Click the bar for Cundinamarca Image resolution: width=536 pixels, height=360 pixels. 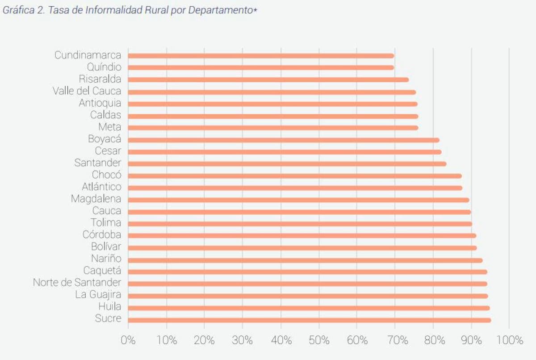click(x=261, y=56)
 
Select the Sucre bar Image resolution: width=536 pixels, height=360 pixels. click(x=309, y=320)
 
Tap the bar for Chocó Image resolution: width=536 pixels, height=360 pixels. click(x=295, y=176)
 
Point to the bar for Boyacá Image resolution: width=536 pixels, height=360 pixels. click(x=283, y=140)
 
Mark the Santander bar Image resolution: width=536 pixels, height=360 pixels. click(x=287, y=164)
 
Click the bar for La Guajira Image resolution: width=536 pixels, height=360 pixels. click(x=308, y=296)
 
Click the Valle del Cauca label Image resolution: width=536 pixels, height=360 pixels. click(x=87, y=91)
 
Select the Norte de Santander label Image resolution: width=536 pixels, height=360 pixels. click(x=77, y=282)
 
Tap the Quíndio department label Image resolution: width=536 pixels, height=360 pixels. click(x=104, y=67)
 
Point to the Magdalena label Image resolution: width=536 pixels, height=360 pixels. click(x=96, y=199)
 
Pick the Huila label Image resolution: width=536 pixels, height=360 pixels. click(x=110, y=306)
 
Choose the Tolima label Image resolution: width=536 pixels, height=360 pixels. click(x=106, y=222)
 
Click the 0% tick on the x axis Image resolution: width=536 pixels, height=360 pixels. click(x=128, y=340)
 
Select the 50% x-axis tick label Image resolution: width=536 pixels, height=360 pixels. click(x=319, y=340)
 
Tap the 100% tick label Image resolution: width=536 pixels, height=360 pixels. click(x=509, y=340)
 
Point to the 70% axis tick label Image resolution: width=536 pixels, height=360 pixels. click(x=395, y=340)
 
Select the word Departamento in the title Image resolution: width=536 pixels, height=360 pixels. click(x=220, y=11)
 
